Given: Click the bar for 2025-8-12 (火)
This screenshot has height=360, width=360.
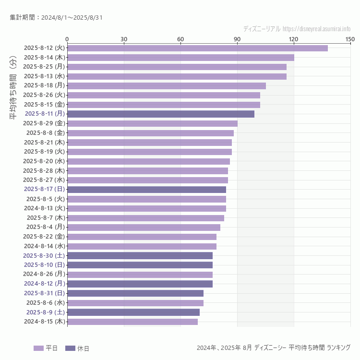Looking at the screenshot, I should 197,48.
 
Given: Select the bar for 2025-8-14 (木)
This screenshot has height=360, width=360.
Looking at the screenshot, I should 180,58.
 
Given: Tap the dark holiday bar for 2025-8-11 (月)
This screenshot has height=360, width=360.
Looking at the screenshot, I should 161,114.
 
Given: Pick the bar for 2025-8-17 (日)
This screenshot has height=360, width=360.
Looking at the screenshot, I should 146,190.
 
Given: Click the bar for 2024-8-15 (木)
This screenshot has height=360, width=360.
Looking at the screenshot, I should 132,322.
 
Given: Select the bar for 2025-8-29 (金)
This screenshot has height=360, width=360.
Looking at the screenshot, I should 152,123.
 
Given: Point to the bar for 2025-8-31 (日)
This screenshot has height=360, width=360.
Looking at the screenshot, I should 135,293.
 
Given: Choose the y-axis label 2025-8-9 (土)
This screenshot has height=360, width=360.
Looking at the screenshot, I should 46,312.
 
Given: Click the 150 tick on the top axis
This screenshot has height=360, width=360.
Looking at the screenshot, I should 350,39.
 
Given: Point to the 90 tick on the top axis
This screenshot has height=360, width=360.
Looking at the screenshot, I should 237,39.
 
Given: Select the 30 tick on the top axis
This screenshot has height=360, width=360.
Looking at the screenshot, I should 124,39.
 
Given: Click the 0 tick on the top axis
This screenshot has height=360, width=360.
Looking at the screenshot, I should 67,39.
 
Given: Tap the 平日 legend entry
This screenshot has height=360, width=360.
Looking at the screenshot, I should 46,348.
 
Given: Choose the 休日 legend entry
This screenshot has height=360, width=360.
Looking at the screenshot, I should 77,348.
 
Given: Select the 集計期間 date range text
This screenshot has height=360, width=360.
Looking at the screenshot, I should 56,18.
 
